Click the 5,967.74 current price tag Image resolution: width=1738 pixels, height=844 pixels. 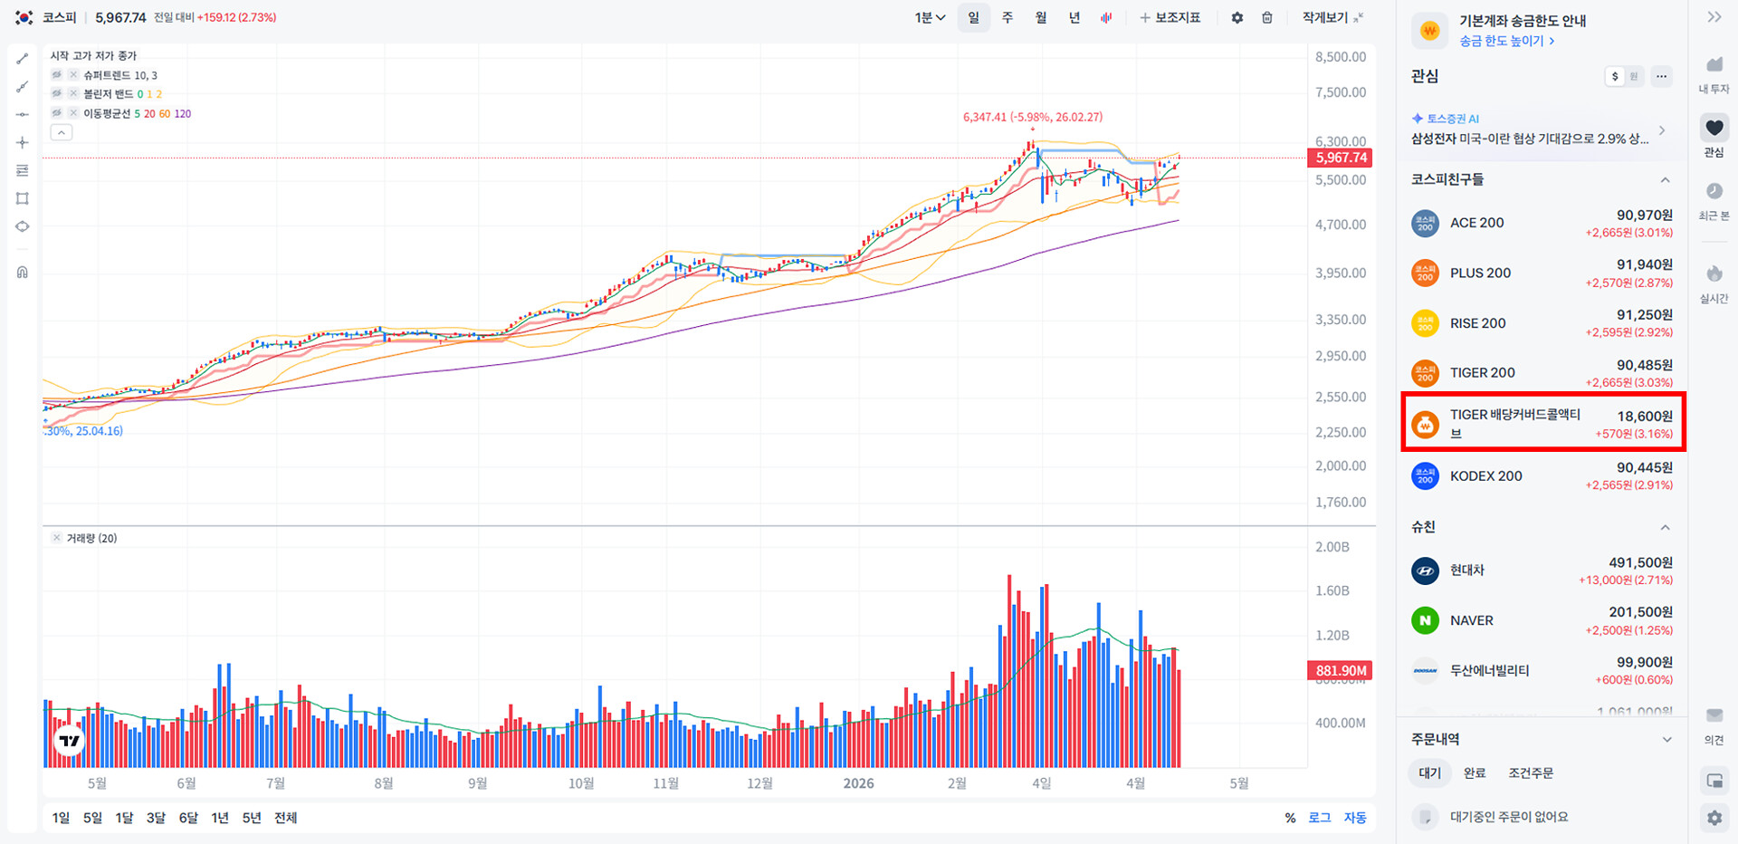pyautogui.click(x=1340, y=158)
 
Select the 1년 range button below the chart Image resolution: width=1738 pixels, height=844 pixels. pyautogui.click(x=220, y=818)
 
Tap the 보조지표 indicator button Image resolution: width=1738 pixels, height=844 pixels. pyautogui.click(x=1170, y=17)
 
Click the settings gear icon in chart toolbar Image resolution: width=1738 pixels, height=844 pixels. pyautogui.click(x=1237, y=17)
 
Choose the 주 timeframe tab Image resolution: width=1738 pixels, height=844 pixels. pyautogui.click(x=1007, y=17)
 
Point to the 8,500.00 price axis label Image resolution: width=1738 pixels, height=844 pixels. pyautogui.click(x=1340, y=57)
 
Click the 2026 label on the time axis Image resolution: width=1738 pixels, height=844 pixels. pyautogui.click(x=858, y=783)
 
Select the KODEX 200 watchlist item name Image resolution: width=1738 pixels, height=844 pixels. pyautogui.click(x=1485, y=475)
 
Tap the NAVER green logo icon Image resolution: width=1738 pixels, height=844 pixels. pyautogui.click(x=1425, y=620)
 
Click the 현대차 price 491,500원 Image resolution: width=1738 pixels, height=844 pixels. pyautogui.click(x=1640, y=562)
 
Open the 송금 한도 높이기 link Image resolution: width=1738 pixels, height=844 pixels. pyautogui.click(x=1506, y=41)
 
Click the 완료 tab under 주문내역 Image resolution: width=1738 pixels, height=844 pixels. pyautogui.click(x=1475, y=772)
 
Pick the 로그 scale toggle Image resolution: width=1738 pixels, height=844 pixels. pyautogui.click(x=1319, y=818)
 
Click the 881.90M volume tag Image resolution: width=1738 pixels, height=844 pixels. pyautogui.click(x=1340, y=671)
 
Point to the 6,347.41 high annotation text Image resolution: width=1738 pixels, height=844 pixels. pyautogui.click(x=1032, y=117)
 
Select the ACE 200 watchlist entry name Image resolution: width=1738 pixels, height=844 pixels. pyautogui.click(x=1476, y=223)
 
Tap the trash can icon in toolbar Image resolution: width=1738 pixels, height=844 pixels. pyautogui.click(x=1267, y=17)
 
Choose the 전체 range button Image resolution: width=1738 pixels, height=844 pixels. pyautogui.click(x=285, y=818)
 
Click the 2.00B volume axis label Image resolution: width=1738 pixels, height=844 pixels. pyautogui.click(x=1332, y=547)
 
